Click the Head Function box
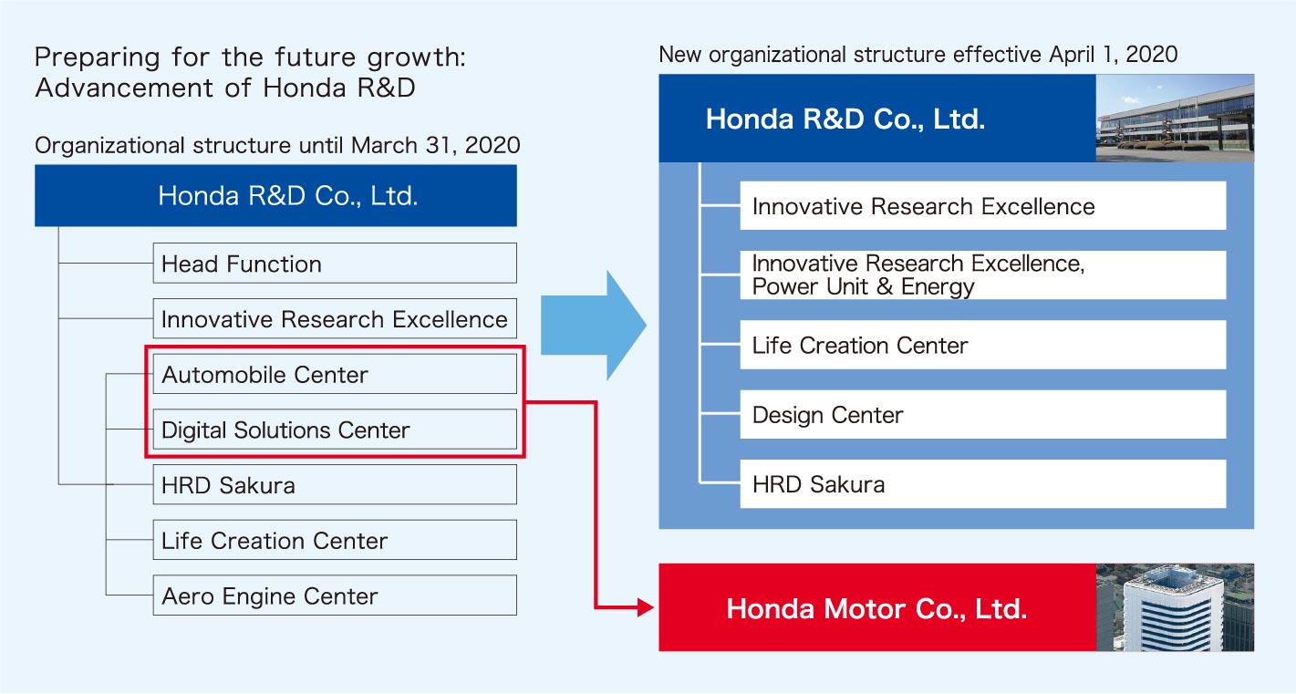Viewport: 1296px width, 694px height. click(335, 264)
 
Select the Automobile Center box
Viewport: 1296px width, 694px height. click(335, 374)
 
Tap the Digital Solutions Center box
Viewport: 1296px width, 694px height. click(335, 430)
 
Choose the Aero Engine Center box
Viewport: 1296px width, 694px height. click(335, 596)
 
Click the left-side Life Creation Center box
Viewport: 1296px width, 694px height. click(335, 540)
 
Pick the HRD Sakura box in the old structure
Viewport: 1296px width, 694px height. click(335, 484)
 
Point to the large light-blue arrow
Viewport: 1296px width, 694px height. click(594, 325)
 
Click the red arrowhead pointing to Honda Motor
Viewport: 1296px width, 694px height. click(646, 607)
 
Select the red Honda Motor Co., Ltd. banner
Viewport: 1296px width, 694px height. click(877, 607)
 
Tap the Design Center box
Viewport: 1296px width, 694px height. click(983, 415)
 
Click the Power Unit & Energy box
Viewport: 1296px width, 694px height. click(983, 274)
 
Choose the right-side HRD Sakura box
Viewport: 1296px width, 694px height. click(983, 484)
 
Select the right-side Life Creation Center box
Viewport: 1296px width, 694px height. click(983, 345)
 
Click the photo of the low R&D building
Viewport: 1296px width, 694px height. click(1175, 118)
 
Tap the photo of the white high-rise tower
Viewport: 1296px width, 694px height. click(1175, 607)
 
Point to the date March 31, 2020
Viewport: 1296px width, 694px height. click(436, 145)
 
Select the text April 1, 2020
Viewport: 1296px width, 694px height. click(1114, 55)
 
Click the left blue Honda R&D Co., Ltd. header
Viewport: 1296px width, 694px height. click(275, 195)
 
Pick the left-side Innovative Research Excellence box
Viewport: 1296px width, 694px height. click(335, 318)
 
